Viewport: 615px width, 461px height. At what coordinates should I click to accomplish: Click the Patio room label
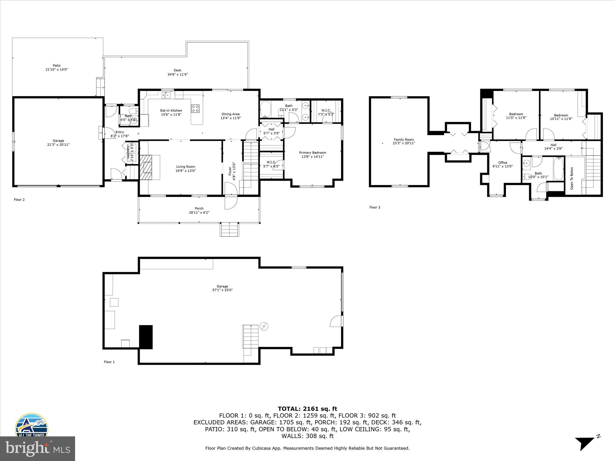[x=56, y=65]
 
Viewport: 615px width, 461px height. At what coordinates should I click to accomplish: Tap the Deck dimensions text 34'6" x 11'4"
[x=177, y=74]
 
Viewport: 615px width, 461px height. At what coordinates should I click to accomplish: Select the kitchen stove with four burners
[x=195, y=108]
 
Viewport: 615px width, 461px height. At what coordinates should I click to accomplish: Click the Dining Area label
[x=230, y=114]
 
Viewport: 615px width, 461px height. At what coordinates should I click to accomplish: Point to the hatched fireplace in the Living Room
[x=147, y=167]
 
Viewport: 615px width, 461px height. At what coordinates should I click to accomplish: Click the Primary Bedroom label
[x=313, y=152]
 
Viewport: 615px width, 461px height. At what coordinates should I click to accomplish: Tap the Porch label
[x=199, y=208]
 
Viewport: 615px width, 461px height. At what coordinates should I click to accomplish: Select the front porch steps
[x=230, y=230]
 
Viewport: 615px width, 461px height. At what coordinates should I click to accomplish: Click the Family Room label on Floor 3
[x=404, y=139]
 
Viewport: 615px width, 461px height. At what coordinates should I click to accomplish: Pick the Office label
[x=502, y=162]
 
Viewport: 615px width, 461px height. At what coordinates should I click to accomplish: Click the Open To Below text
[x=572, y=178]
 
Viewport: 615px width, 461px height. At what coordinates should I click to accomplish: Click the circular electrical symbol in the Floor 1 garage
[x=264, y=326]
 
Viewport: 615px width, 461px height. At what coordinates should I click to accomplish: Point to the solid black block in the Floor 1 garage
[x=146, y=337]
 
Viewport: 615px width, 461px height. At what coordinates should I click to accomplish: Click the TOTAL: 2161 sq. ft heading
[x=307, y=409]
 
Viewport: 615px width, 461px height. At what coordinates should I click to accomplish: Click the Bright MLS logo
[x=38, y=449]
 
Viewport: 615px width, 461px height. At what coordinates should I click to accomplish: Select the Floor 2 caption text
[x=19, y=200]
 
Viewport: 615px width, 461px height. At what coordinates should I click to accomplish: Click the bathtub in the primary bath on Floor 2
[x=265, y=110]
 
